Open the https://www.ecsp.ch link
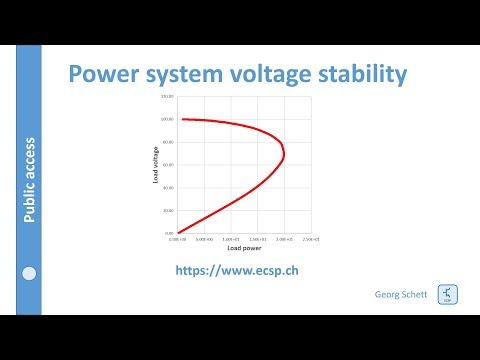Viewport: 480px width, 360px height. [x=238, y=271]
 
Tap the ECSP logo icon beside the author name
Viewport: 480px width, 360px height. [x=446, y=296]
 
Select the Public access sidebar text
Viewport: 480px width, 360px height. [x=30, y=181]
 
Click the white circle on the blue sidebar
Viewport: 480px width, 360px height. [x=30, y=273]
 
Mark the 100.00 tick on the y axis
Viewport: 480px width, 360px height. [x=167, y=119]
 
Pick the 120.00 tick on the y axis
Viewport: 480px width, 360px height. [x=167, y=96]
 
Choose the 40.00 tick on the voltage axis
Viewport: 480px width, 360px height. [x=168, y=187]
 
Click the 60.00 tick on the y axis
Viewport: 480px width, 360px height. [x=168, y=164]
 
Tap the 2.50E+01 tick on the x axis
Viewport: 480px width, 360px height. [x=311, y=240]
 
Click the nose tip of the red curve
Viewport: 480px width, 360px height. [x=285, y=155]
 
